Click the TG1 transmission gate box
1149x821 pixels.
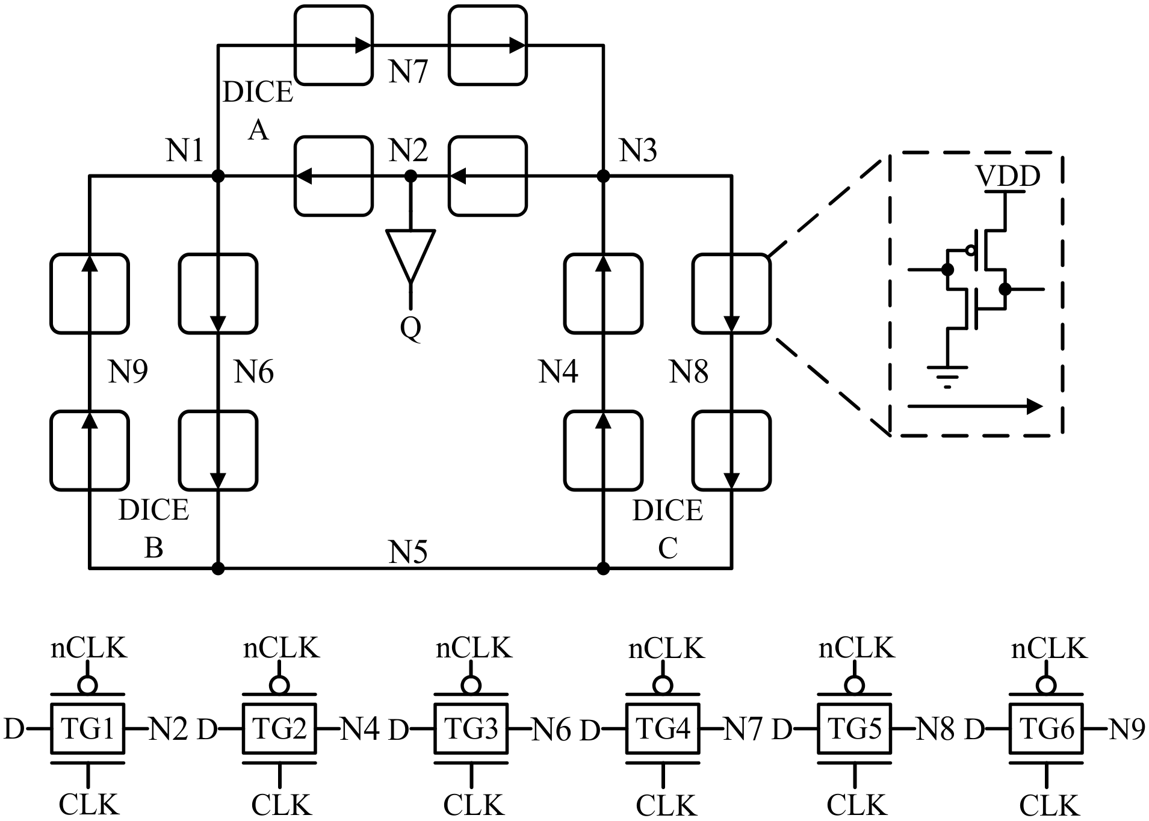click(x=87, y=728)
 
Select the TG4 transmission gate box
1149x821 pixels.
click(x=663, y=728)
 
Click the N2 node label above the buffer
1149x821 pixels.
click(x=408, y=150)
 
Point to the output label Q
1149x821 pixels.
click(x=410, y=328)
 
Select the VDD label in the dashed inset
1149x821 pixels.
click(x=1008, y=176)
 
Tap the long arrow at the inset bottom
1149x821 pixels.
click(x=975, y=407)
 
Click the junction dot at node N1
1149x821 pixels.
click(x=218, y=176)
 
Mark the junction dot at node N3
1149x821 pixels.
click(x=603, y=176)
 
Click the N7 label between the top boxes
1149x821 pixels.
click(x=408, y=71)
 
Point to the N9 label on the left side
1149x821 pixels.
click(x=128, y=371)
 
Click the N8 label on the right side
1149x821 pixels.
click(x=689, y=372)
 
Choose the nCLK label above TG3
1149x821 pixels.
click(x=474, y=648)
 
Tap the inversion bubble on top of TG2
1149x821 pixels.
click(x=280, y=685)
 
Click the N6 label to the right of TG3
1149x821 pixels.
click(x=551, y=730)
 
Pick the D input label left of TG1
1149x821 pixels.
click(x=14, y=729)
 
